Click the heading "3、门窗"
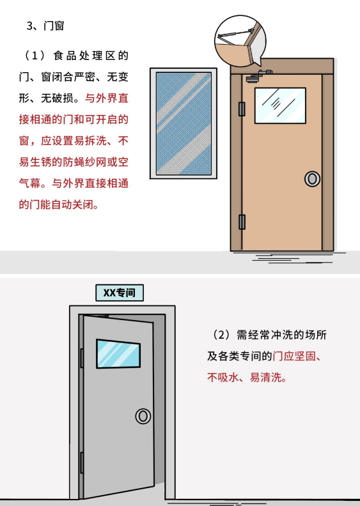(45, 26)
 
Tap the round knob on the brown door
(312, 178)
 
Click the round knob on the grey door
(143, 416)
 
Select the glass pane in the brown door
(280, 105)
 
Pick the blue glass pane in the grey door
(118, 354)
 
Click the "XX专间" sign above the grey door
(120, 293)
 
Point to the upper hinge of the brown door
(242, 109)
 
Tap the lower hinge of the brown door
(242, 222)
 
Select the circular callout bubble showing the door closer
(240, 40)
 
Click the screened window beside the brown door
(184, 123)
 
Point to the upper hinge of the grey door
(82, 358)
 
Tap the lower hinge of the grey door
(82, 463)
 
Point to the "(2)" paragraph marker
(221, 335)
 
